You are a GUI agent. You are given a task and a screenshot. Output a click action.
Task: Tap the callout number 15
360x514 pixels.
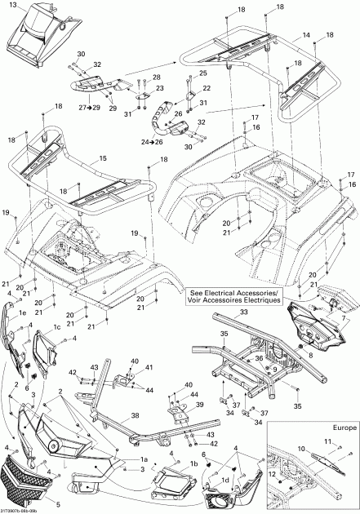coord(102,157)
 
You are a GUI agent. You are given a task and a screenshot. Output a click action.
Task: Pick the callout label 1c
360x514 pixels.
coord(58,327)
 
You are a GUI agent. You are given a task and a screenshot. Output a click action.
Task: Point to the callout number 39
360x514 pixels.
coord(199,404)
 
